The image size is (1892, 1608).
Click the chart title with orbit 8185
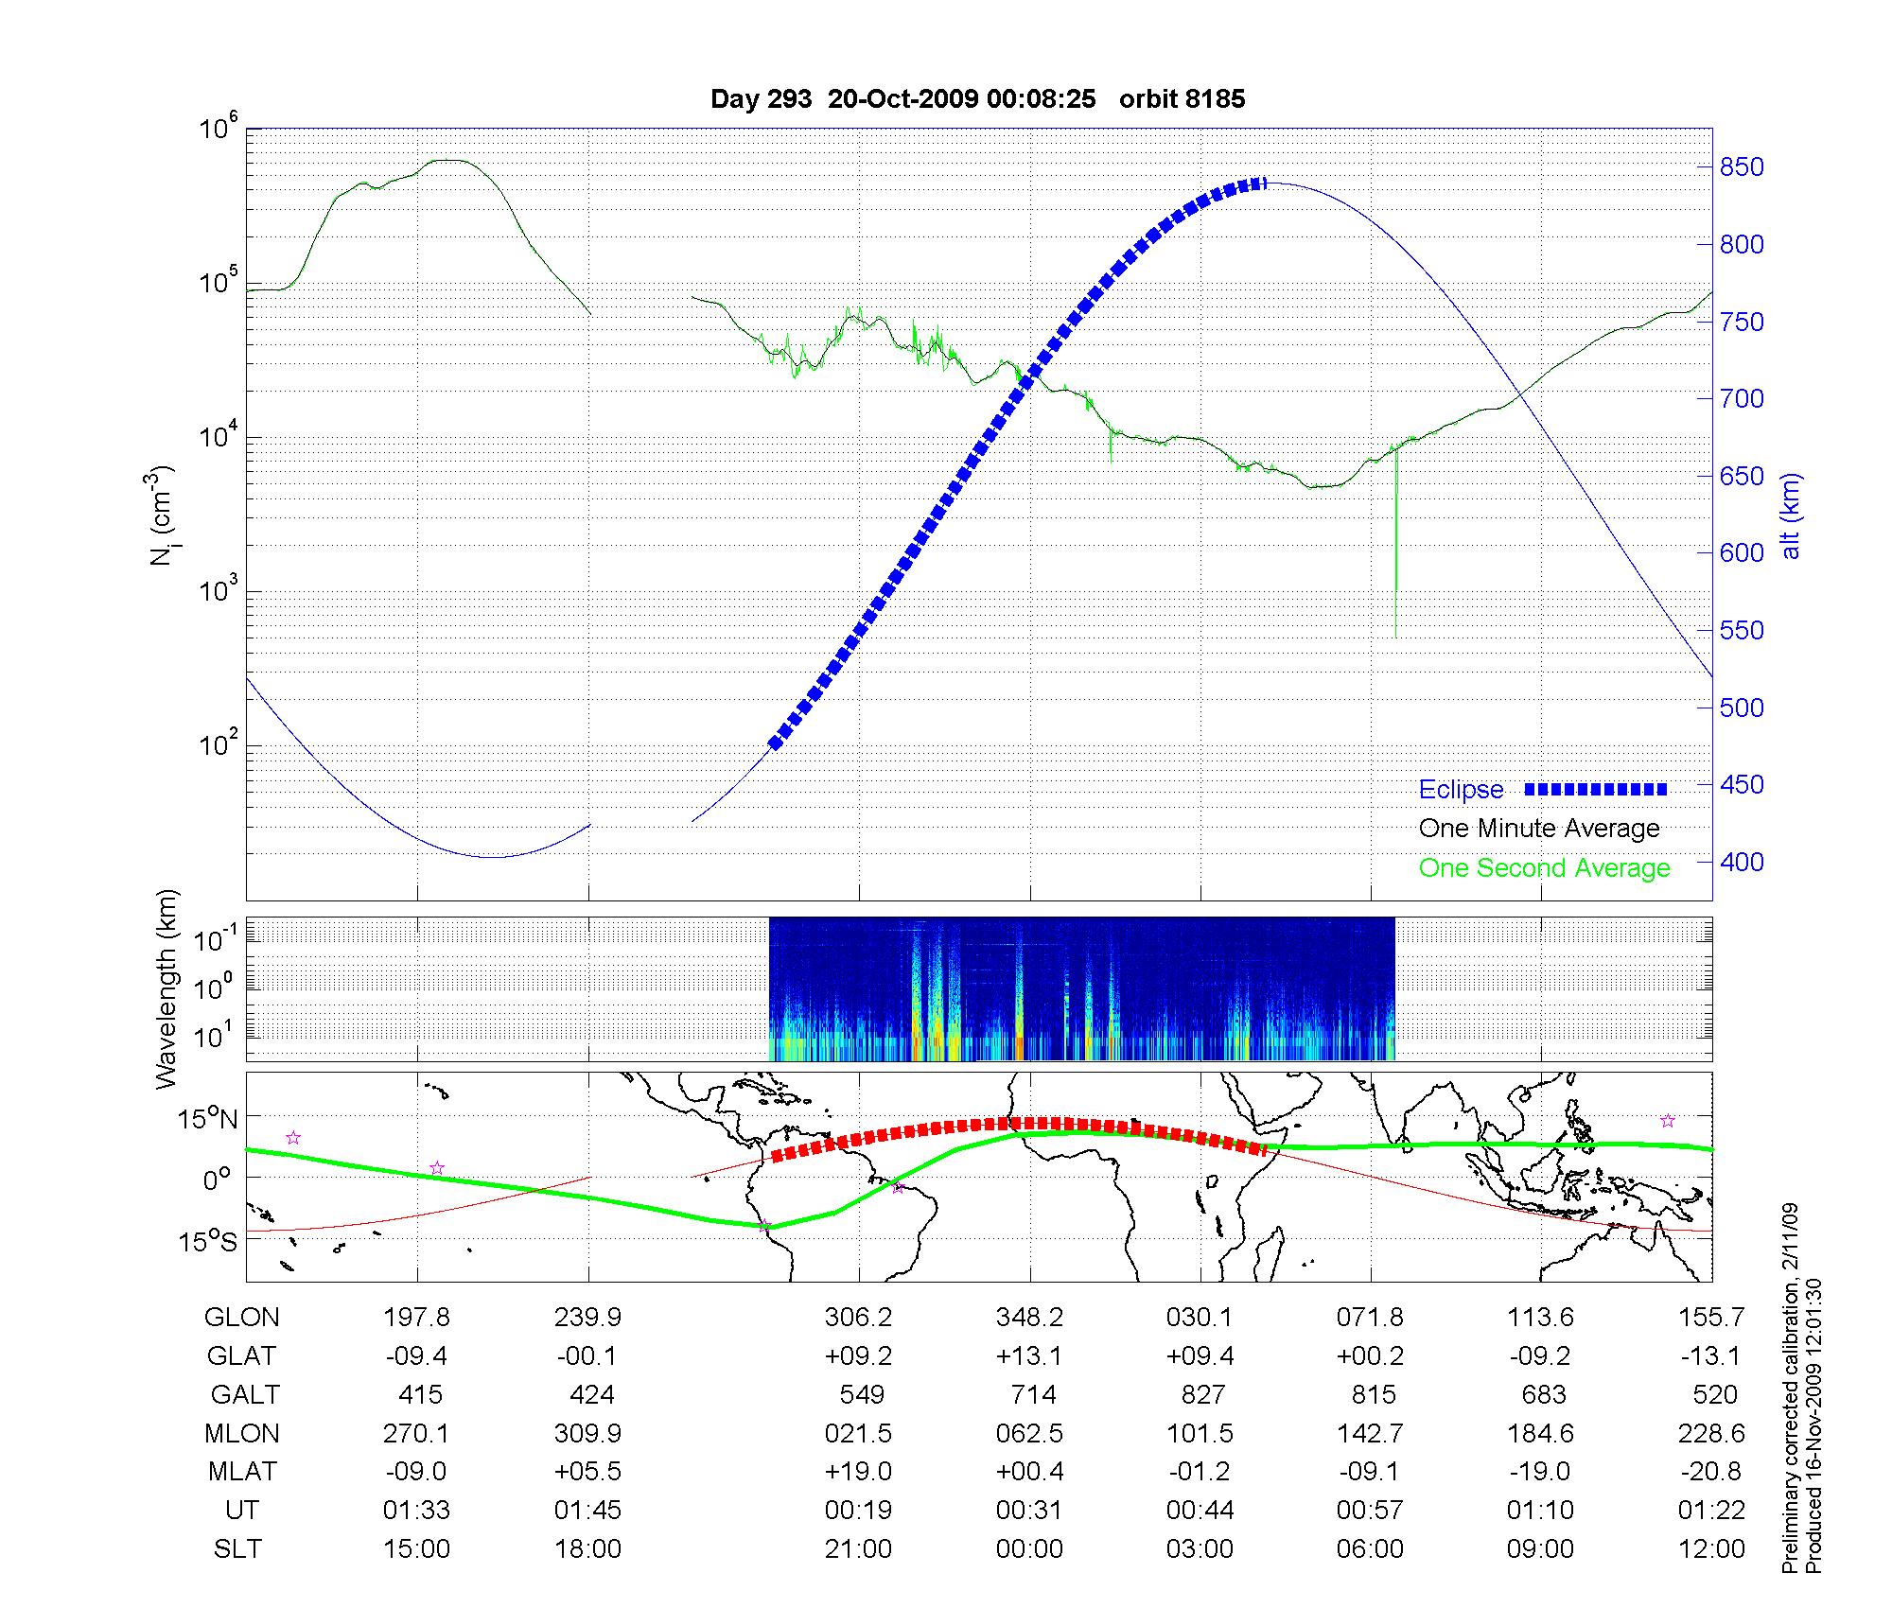click(x=977, y=98)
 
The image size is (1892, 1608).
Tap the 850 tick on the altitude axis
click(x=1741, y=167)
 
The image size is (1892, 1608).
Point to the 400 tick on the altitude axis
click(x=1741, y=862)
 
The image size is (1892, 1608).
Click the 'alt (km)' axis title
click(x=1791, y=516)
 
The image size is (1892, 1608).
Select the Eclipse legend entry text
click(x=1461, y=790)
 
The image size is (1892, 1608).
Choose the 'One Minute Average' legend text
click(x=1539, y=829)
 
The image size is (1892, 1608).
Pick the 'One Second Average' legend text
click(x=1544, y=868)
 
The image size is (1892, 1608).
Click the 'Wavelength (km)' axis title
click(x=166, y=989)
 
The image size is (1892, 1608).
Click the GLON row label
click(x=241, y=1318)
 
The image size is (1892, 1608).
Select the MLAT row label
click(x=242, y=1472)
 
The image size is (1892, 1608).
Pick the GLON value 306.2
click(x=858, y=1318)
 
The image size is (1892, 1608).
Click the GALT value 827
click(x=1202, y=1395)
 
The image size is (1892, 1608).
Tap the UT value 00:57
click(x=1370, y=1511)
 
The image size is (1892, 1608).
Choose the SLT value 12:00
click(x=1712, y=1549)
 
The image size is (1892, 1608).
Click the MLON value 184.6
click(x=1541, y=1434)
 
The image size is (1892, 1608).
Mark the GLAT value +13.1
click(x=1029, y=1356)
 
